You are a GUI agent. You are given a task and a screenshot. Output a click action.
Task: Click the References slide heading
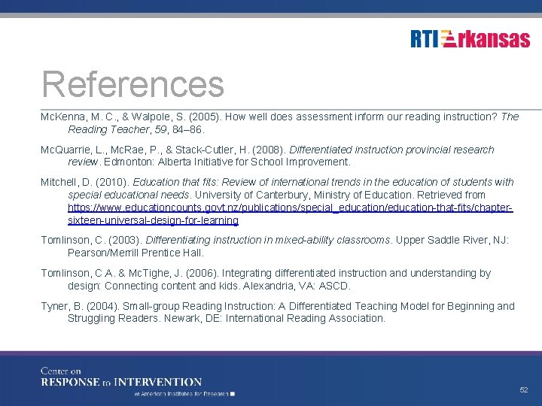tap(133, 84)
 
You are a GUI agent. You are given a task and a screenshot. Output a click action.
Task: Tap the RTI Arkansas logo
tap(470, 38)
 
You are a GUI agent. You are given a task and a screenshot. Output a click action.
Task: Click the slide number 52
tap(524, 390)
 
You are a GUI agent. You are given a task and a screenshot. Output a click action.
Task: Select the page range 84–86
tap(185, 129)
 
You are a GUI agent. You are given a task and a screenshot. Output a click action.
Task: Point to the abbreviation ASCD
tap(335, 286)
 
